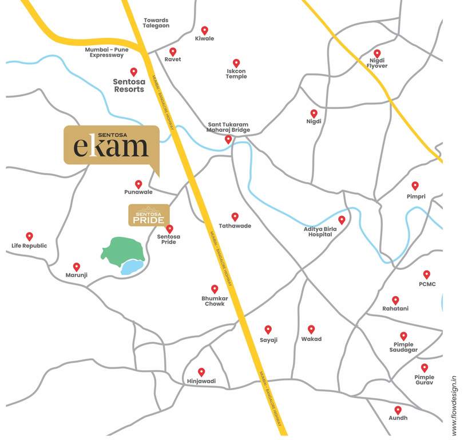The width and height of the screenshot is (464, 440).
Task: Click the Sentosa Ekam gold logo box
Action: click(111, 144)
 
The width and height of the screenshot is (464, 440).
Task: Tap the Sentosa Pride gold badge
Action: click(149, 214)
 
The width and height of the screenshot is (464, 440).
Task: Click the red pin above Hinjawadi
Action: click(201, 371)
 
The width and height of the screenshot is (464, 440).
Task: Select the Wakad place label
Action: click(311, 339)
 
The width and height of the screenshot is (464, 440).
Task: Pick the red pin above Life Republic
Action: click(29, 236)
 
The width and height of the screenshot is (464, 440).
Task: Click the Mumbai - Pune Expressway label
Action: click(106, 53)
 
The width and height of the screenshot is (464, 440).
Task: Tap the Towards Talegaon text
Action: click(156, 23)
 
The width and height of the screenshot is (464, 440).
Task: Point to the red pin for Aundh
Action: click(398, 410)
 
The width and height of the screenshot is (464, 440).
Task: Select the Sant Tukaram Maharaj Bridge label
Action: click(228, 127)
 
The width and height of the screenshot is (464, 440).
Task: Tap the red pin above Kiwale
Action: click(204, 30)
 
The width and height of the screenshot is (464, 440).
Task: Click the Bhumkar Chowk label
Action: click(213, 301)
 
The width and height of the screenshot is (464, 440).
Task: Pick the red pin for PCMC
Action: click(427, 274)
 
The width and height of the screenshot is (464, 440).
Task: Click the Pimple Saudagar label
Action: click(403, 347)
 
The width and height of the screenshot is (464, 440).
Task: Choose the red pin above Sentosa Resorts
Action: click(134, 72)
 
